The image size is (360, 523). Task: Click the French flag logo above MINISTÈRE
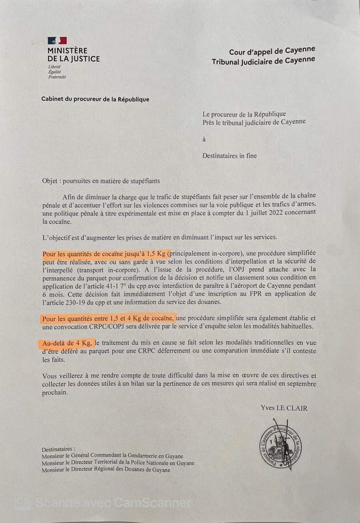57,41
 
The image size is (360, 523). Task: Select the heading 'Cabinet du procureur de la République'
95,99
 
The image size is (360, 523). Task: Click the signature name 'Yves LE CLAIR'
284,408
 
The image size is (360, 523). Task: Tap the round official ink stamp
280,445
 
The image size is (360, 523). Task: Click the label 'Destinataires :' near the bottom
59,449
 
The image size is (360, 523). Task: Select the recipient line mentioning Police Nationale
118,463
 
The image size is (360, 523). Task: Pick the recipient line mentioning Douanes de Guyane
106,470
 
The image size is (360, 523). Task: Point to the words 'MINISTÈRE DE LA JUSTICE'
74,55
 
